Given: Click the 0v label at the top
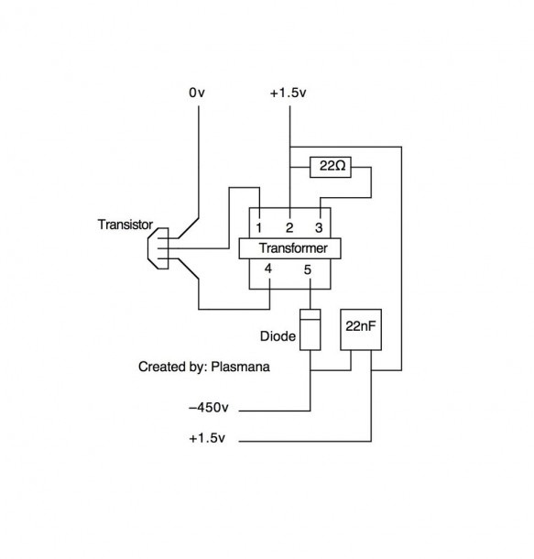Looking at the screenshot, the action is (x=197, y=93).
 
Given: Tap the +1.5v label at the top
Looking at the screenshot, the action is (x=289, y=93).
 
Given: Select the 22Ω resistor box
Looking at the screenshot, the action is (x=331, y=167).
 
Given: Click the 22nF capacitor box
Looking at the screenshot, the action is (x=361, y=329).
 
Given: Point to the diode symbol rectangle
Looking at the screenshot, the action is (x=310, y=329).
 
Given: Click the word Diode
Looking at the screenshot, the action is (x=278, y=336).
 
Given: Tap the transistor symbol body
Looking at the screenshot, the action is (x=158, y=248).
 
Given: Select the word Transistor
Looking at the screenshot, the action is (x=125, y=225).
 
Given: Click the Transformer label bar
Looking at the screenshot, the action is (x=289, y=248).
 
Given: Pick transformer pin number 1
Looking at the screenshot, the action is (x=259, y=227).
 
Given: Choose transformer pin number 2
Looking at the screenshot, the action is (x=289, y=227).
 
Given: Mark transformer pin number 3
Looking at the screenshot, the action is (x=319, y=227).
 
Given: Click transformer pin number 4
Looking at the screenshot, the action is (x=268, y=269).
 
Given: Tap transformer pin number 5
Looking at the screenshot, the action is (x=308, y=269).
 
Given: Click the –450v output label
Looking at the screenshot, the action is (x=209, y=407).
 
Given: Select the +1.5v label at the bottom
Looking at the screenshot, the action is (x=207, y=438).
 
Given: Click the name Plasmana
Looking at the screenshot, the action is (x=241, y=367).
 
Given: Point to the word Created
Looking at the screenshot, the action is (x=160, y=367).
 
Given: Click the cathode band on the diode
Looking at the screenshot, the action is (x=310, y=315).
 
